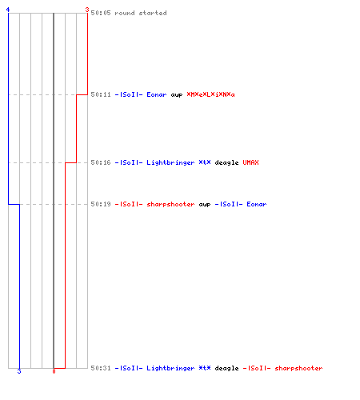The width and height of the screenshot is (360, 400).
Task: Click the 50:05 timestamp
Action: (x=101, y=13)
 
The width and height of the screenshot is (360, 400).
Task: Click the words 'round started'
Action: (x=141, y=13)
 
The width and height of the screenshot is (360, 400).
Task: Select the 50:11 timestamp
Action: (x=101, y=94)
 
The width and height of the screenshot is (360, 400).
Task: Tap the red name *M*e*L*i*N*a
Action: (x=210, y=94)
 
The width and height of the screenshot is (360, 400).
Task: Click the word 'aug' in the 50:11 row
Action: (x=177, y=95)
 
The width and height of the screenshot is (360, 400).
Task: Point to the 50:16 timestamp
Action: (x=101, y=162)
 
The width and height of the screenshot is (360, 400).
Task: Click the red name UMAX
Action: (x=250, y=162)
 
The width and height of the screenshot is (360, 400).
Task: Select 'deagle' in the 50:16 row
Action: (x=226, y=162)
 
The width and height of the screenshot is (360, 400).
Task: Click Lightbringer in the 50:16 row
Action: (x=170, y=162)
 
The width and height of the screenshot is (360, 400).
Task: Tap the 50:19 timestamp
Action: (x=101, y=204)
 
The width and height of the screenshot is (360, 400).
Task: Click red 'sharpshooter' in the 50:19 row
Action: (x=170, y=204)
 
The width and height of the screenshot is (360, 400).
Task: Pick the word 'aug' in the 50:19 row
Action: (x=205, y=205)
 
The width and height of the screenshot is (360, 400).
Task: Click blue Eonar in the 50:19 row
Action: (x=257, y=204)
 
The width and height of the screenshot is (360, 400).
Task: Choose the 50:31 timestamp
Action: (x=101, y=368)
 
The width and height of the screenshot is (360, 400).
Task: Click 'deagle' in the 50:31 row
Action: (x=226, y=368)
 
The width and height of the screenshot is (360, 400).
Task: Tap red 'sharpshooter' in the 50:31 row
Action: (x=298, y=368)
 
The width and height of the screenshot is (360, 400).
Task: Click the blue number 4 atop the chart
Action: (x=8, y=10)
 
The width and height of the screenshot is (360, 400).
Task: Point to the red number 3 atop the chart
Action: (x=87, y=10)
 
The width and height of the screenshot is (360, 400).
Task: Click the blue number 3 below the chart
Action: (x=19, y=371)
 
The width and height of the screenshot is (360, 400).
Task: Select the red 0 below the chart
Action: (x=54, y=371)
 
